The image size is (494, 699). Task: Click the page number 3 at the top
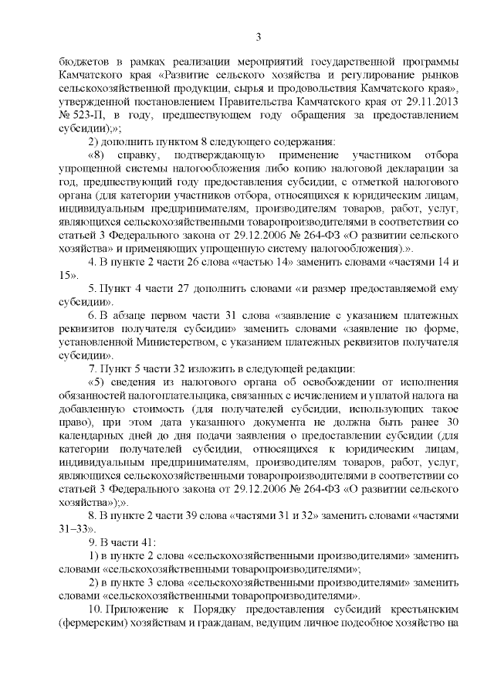coord(258,36)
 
